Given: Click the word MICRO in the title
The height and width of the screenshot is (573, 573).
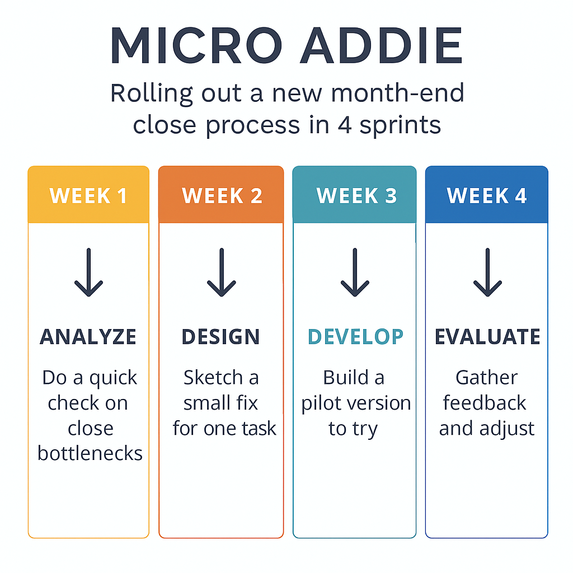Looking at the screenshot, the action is point(196,46).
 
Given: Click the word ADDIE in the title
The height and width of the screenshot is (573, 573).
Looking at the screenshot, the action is point(382,46).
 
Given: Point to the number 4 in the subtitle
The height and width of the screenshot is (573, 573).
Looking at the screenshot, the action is point(345,125).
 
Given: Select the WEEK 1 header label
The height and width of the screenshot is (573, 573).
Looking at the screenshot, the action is point(88,195).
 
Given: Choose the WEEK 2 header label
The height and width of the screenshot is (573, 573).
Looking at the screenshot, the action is point(222,195).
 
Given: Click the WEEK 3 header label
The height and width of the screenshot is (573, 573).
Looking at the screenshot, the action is point(356,195).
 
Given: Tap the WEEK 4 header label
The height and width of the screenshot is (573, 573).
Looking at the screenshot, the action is point(487,195).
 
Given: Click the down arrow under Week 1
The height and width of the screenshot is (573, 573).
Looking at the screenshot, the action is point(88,273).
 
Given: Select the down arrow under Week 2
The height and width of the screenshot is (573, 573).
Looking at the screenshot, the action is point(222,273).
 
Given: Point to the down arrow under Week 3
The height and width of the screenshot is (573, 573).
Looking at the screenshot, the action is point(355,273).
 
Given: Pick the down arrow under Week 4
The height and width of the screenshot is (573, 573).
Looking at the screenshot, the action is point(487,273).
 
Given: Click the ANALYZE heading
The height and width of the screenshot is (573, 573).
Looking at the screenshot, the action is point(88,336).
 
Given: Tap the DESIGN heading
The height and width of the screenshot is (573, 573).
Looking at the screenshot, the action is point(220,336).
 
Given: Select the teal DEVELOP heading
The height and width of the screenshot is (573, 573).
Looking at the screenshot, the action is point(355,336).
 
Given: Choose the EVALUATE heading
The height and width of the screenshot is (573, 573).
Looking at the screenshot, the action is point(487,336).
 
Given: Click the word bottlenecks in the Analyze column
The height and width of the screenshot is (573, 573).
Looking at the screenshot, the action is point(90,453).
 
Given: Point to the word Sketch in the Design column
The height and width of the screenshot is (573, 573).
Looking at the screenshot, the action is point(213,378).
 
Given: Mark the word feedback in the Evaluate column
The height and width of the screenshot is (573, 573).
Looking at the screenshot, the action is point(485,403).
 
